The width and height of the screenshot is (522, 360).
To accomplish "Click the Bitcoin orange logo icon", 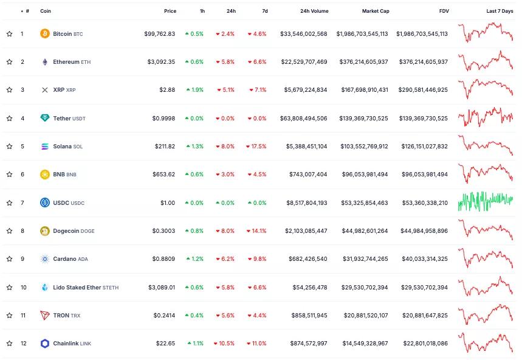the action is pos(44,33).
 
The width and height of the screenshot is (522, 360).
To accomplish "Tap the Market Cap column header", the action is pos(376,11).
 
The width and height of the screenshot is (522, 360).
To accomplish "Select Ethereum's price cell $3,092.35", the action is pos(161,62).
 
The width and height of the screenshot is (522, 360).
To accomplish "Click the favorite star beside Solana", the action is pos(9,146).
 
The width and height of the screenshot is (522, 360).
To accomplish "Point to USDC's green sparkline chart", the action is pos(486,201).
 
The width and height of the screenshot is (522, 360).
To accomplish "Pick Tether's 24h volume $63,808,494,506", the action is pos(304,118).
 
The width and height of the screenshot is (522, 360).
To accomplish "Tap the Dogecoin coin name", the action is pos(66,231).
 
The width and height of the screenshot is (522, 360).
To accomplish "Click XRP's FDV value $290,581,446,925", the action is pos(423,90).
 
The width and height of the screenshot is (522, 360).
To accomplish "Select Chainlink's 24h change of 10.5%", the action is pos(224,344).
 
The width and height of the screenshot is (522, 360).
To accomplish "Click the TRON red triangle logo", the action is pos(44,315).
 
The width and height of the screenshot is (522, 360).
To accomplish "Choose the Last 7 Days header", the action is pos(500,11).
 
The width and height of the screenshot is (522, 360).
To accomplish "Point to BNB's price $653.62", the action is pos(164,174).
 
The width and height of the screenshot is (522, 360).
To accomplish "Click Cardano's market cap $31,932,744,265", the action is pos(365,259).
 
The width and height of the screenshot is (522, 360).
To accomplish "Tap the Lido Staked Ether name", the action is pos(77,288).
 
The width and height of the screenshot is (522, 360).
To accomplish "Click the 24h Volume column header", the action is pos(314,11).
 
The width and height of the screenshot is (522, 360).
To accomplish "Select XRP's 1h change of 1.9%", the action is pos(195,90).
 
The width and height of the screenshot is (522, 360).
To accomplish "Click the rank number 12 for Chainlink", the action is pos(23,344).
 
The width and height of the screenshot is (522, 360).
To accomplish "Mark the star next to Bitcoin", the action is pos(9,33).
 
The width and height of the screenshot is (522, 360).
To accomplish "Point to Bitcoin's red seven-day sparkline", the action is pos(486,32).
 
